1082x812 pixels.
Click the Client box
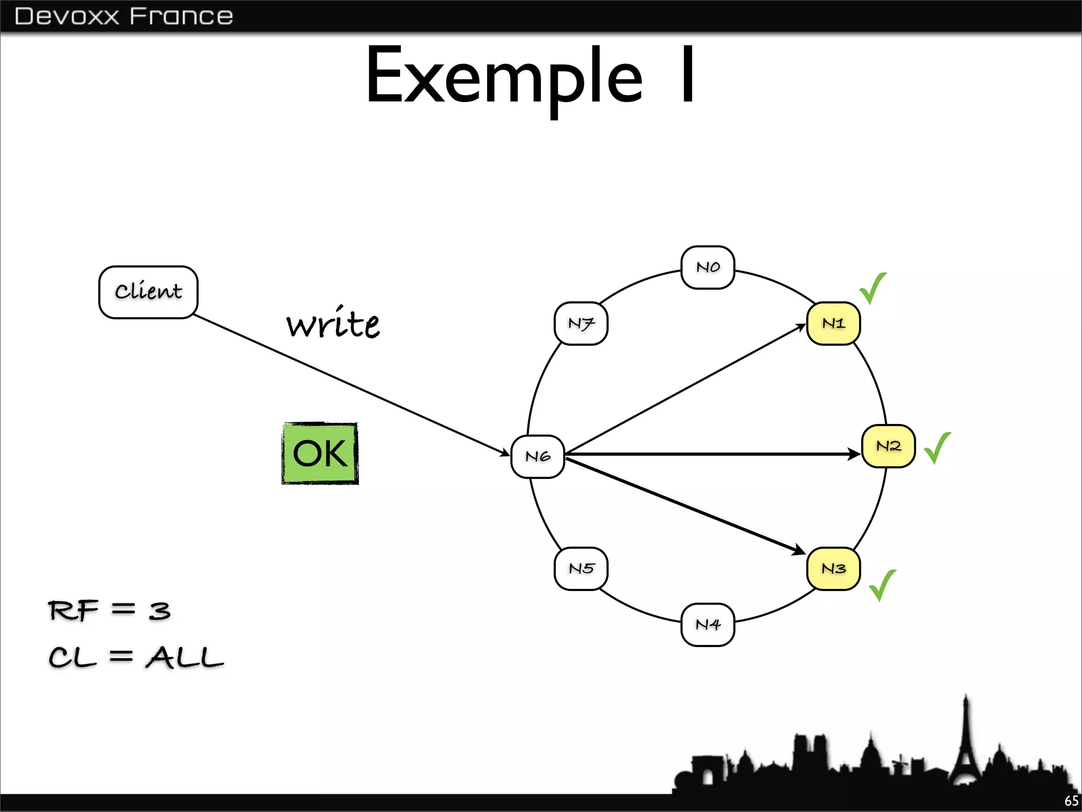pyautogui.click(x=148, y=292)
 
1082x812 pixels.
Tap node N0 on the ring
pyautogui.click(x=707, y=267)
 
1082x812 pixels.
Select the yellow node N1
pyautogui.click(x=833, y=324)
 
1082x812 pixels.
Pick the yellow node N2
pyautogui.click(x=888, y=446)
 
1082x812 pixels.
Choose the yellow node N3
pyautogui.click(x=833, y=569)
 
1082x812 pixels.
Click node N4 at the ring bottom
pyautogui.click(x=707, y=625)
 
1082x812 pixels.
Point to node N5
pyautogui.click(x=581, y=569)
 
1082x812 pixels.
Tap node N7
pyautogui.click(x=581, y=324)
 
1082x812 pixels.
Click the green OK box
pyautogui.click(x=320, y=454)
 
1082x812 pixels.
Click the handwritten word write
pyautogui.click(x=333, y=324)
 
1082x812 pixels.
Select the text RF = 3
pyautogui.click(x=109, y=611)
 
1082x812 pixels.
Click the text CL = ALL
pyautogui.click(x=136, y=658)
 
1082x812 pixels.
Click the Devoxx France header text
pyautogui.click(x=124, y=16)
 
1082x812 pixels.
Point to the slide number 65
pyautogui.click(x=1071, y=801)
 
